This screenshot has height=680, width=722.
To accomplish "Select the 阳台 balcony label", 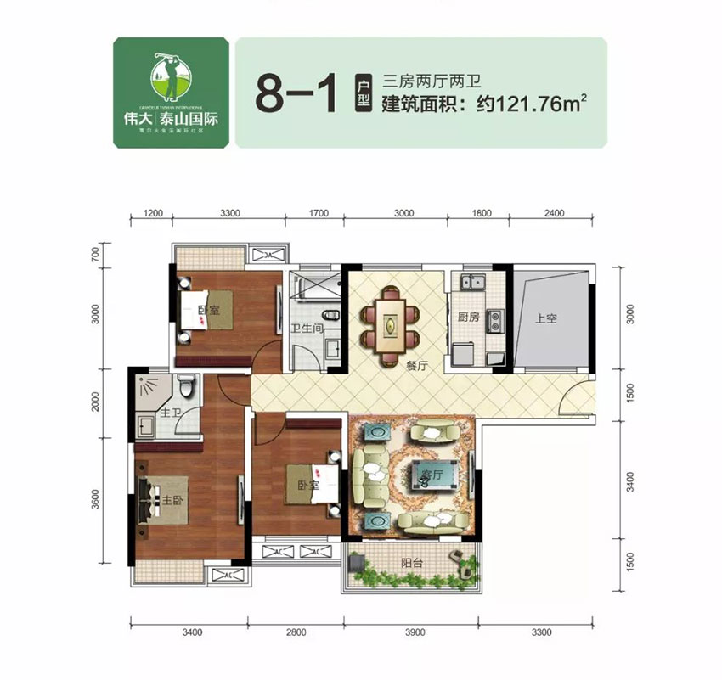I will pyautogui.click(x=411, y=563).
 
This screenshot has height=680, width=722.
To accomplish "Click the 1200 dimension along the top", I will pyautogui.click(x=152, y=213).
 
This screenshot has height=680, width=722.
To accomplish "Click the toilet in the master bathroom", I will pyautogui.click(x=190, y=389).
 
